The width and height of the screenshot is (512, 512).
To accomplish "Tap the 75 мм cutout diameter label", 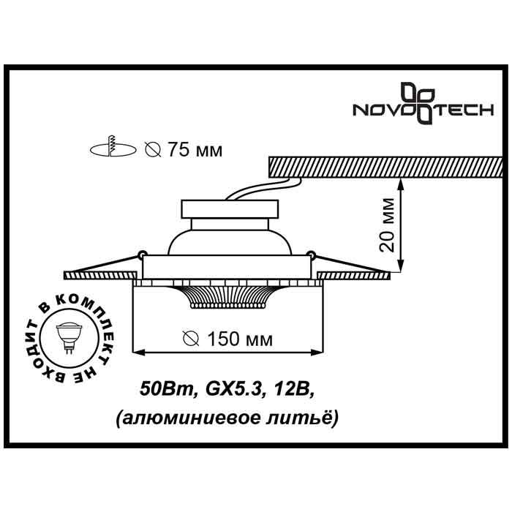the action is (x=184, y=150).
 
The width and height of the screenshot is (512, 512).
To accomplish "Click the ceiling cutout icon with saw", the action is (x=113, y=146).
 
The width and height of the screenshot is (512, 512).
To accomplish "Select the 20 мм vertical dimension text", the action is (x=387, y=225).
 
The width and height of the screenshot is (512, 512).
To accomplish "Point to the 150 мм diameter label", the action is (x=227, y=339).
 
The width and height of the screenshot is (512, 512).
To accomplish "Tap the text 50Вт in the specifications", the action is (x=167, y=388).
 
